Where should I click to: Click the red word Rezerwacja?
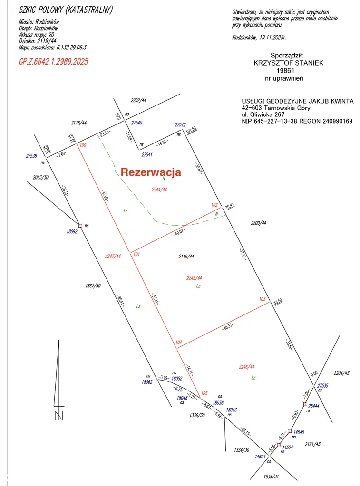coord(151,172)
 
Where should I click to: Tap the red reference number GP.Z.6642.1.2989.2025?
coord(53,61)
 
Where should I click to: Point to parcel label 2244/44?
coord(159,189)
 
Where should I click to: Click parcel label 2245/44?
coord(194,278)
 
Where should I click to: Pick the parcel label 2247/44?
coord(113,256)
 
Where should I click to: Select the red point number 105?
coord(204,393)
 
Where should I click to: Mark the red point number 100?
coord(83,145)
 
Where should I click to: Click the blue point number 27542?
coord(180,124)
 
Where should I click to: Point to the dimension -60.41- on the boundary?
coord(119,301)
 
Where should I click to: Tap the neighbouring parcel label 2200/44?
coord(258,223)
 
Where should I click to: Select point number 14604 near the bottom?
coord(260,456)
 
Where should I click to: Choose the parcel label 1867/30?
coord(93,286)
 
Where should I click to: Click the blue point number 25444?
coord(314,407)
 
